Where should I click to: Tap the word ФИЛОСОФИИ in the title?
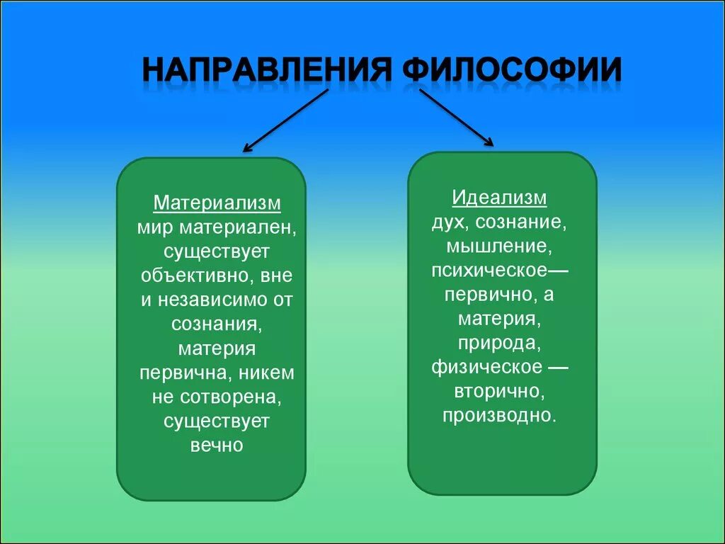click(512, 72)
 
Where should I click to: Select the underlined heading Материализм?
click(217, 204)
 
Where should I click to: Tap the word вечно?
click(217, 446)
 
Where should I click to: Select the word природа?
click(499, 344)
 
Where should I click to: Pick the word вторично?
click(498, 391)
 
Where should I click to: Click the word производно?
click(499, 415)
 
